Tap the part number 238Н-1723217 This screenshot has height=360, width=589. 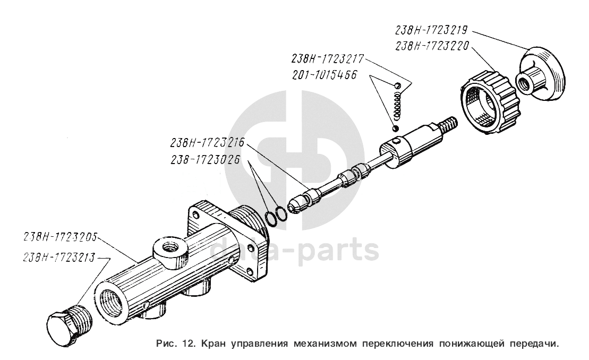(327, 59)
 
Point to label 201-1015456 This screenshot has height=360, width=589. (324, 75)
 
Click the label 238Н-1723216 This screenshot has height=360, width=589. (207, 143)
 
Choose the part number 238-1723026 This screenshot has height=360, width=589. (204, 159)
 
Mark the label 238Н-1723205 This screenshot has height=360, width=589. (60, 237)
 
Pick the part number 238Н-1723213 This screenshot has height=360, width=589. (59, 258)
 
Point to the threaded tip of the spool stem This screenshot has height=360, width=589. (449, 125)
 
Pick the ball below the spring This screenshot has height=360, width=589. (395, 128)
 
